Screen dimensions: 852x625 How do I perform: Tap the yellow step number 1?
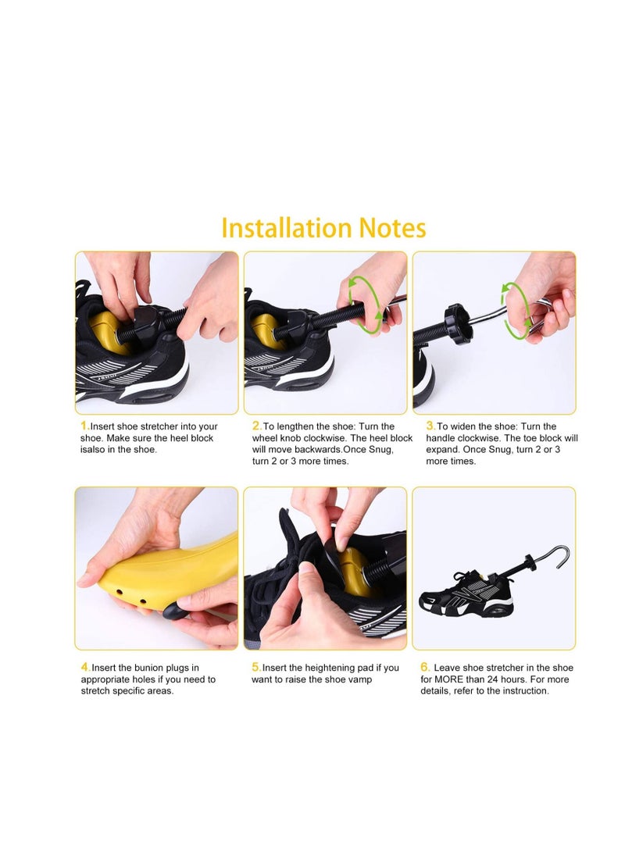pos(84,426)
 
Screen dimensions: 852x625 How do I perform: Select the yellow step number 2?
pos(256,426)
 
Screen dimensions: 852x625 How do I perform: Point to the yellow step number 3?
pos(430,426)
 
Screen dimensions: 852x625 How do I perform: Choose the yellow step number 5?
pos(256,668)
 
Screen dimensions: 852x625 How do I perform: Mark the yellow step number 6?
pos(426,668)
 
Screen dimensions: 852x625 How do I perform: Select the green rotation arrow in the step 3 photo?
pos(516,310)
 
